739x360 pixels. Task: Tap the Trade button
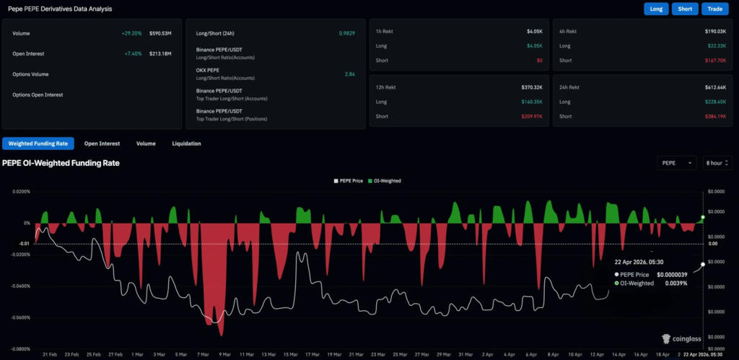(715, 9)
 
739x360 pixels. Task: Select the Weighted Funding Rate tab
(38, 144)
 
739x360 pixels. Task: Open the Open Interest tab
(102, 144)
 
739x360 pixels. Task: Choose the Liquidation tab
(186, 144)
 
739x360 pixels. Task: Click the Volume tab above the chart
(146, 144)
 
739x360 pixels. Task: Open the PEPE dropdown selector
(677, 163)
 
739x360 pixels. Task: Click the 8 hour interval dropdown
(717, 163)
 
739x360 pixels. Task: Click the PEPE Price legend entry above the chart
(349, 180)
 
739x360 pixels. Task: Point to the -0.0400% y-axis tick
(19, 286)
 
